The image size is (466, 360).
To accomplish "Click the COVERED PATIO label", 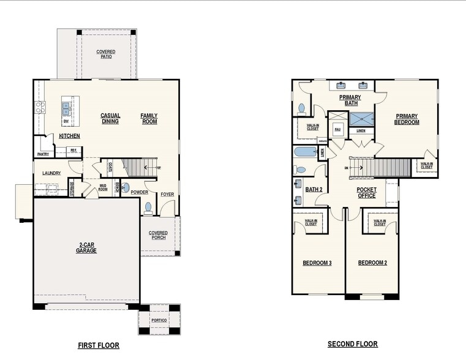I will tap(105, 54).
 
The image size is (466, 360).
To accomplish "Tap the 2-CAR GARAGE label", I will tap(86, 248).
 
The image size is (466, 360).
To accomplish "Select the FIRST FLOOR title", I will tap(99, 345).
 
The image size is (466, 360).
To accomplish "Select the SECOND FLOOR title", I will tap(353, 344).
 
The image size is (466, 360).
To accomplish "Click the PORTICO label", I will tap(159, 320).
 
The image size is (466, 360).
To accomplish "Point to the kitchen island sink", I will tap(66, 108).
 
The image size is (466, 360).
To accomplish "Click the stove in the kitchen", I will tap(40, 108).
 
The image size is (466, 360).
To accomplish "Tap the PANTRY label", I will tap(43, 154).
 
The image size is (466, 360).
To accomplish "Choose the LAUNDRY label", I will tap(51, 173).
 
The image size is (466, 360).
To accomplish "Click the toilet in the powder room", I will tap(148, 208).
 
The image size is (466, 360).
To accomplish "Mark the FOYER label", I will tap(167, 195).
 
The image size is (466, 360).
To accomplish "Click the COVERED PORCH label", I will tap(158, 235).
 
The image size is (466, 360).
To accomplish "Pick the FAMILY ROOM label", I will tap(149, 118).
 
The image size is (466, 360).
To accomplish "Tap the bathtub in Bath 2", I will tap(304, 152).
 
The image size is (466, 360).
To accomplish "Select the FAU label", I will tap(337, 129).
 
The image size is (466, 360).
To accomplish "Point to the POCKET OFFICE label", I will tap(367, 193).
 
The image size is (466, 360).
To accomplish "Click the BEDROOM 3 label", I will tap(317, 263).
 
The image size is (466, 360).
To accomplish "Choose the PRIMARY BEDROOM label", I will tap(407, 119).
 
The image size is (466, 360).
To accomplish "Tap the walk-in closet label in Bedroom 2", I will tap(380, 223).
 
